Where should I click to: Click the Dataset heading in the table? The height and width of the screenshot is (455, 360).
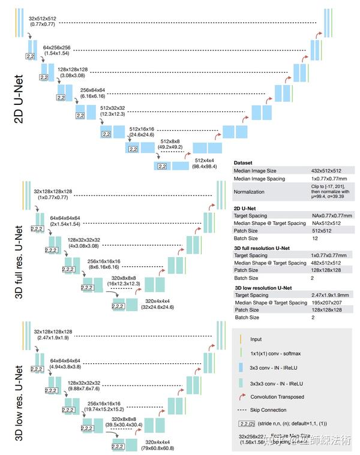pyautogui.click(x=244, y=162)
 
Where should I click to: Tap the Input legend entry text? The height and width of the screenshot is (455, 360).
pyautogui.click(x=256, y=339)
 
